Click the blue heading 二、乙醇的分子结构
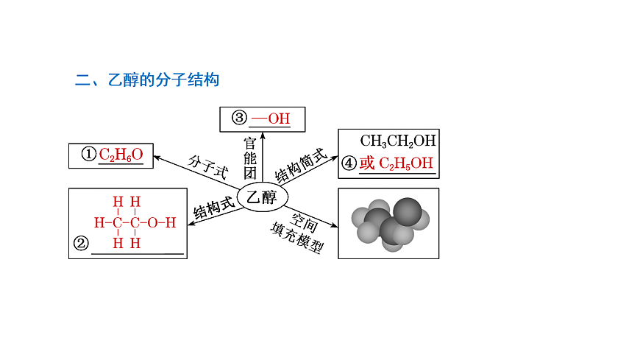coord(147,80)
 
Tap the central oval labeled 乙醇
coord(262,197)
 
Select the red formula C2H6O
coord(121,155)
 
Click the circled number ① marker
coord(88,155)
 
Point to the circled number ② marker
coord(81,244)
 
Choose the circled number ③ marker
coord(239,118)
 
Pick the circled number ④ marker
coord(349,163)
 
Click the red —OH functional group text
coord(271,119)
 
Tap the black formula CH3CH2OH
coord(398,141)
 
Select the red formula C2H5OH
coord(406,163)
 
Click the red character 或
coord(367,163)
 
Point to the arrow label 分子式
coord(207,166)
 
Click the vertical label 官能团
coord(250,158)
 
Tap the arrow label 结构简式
coord(301,166)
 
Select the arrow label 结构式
coord(214,208)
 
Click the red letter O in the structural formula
coord(152,223)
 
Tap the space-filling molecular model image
coord(391,224)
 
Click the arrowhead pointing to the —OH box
coord(263,135)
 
